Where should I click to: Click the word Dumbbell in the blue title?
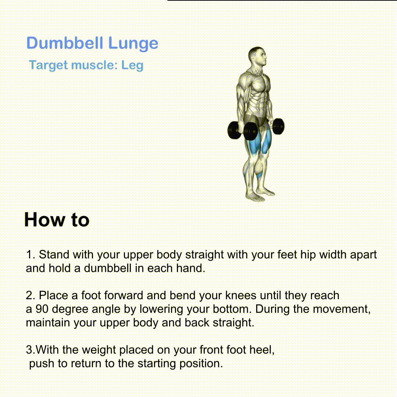pos(65,43)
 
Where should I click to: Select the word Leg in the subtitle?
pos(132,65)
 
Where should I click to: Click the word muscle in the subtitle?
pos(94,65)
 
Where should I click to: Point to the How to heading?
pos(57,219)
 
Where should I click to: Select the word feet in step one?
pos(287,254)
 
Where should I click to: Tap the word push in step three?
pos(42,364)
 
